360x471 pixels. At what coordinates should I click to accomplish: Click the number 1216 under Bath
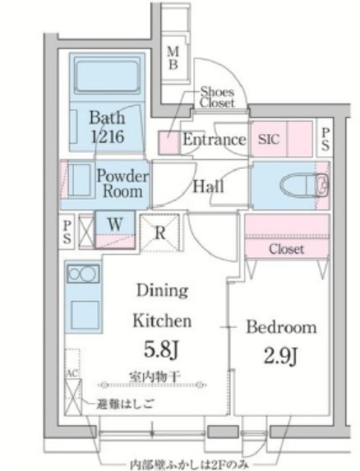107,136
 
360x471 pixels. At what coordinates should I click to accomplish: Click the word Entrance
214,141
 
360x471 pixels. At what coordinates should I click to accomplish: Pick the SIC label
270,141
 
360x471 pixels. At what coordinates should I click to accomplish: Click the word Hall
207,187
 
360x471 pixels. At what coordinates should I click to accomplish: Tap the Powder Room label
122,184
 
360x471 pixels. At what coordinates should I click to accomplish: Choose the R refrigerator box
160,232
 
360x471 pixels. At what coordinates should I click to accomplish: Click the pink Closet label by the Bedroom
286,248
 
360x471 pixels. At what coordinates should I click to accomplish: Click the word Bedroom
282,327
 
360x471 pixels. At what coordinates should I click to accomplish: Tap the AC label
72,374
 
